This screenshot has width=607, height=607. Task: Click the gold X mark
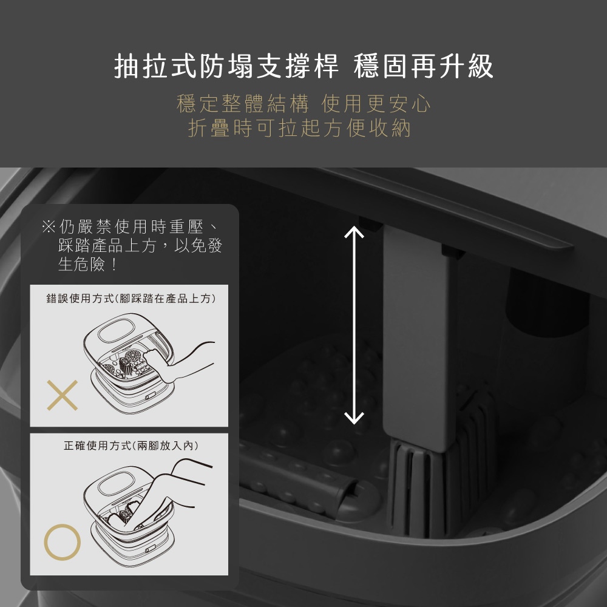click(63, 395)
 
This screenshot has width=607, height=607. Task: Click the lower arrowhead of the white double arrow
click(354, 418)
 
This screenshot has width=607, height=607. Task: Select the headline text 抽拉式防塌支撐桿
click(226, 66)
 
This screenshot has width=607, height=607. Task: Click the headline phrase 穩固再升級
click(424, 66)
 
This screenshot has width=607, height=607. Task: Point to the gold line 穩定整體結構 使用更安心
click(303, 103)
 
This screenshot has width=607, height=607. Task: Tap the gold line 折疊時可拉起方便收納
click(299, 127)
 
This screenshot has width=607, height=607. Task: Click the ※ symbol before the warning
click(49, 226)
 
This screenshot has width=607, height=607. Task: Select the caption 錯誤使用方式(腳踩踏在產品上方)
click(131, 299)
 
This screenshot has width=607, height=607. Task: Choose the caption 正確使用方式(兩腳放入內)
click(131, 446)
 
